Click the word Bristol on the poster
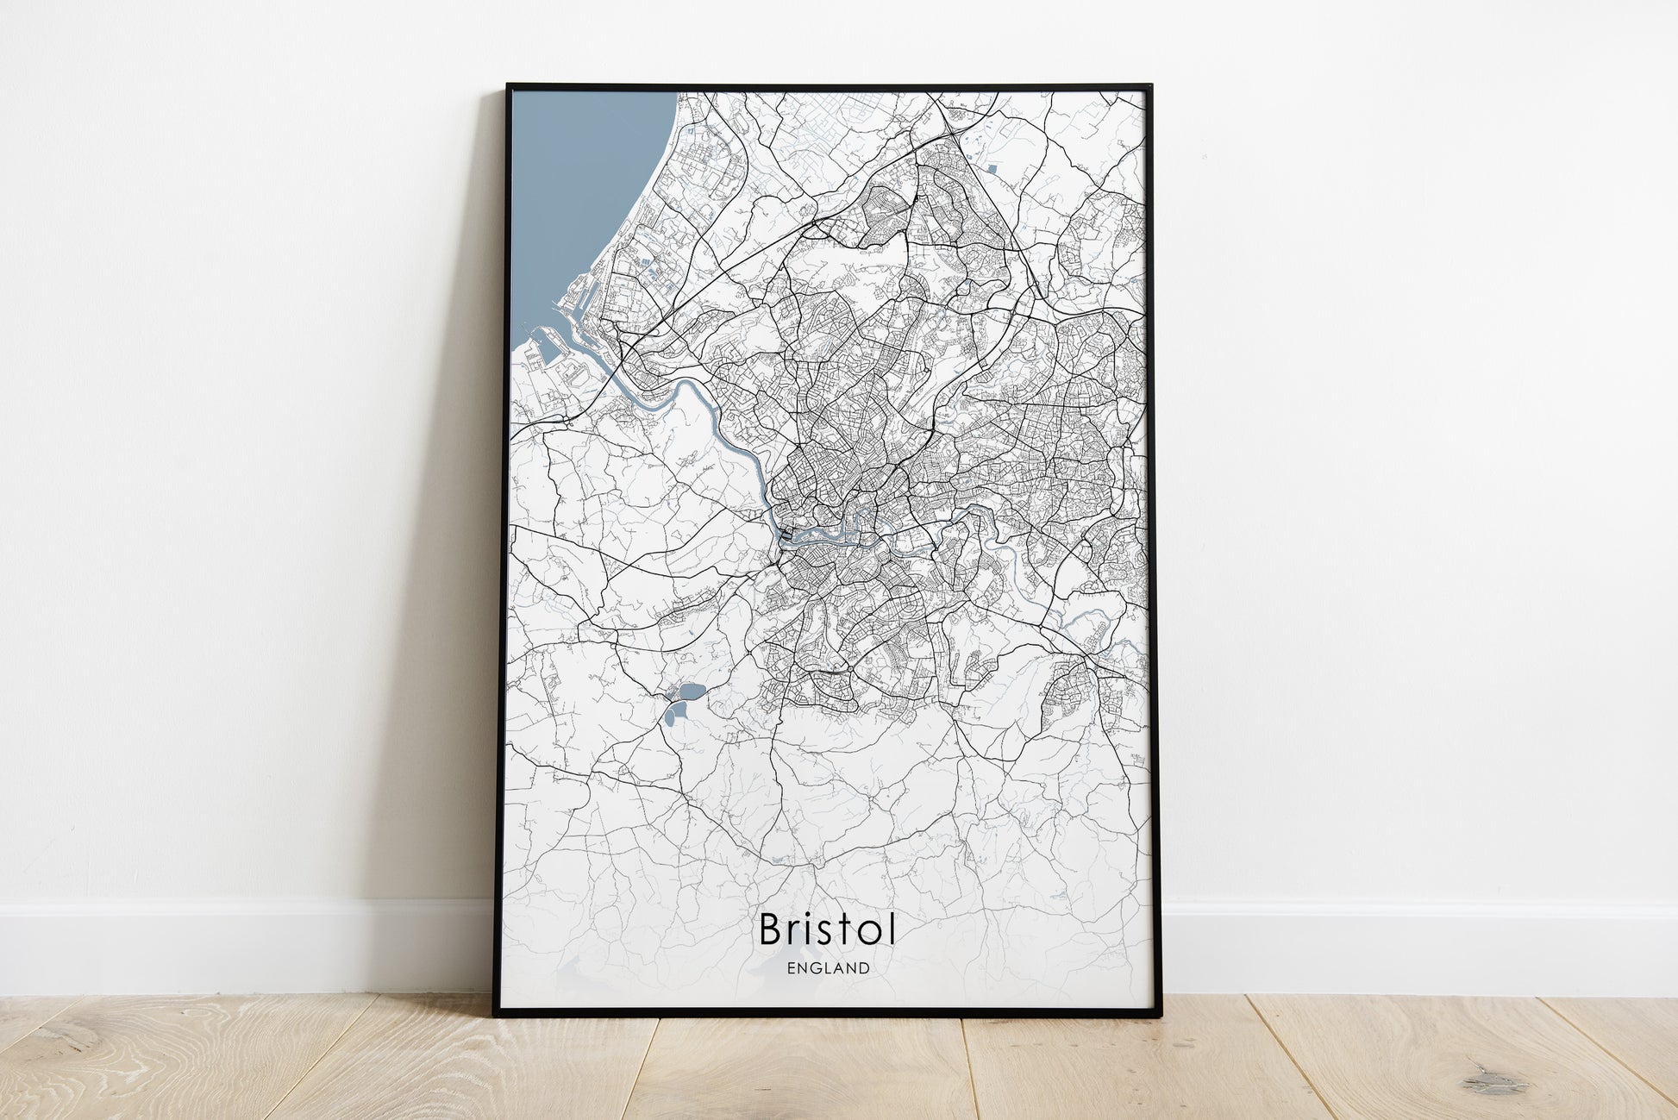point(827,929)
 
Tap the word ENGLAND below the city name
point(828,968)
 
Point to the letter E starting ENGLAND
point(791,968)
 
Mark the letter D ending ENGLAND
point(864,968)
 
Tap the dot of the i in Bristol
point(817,915)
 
